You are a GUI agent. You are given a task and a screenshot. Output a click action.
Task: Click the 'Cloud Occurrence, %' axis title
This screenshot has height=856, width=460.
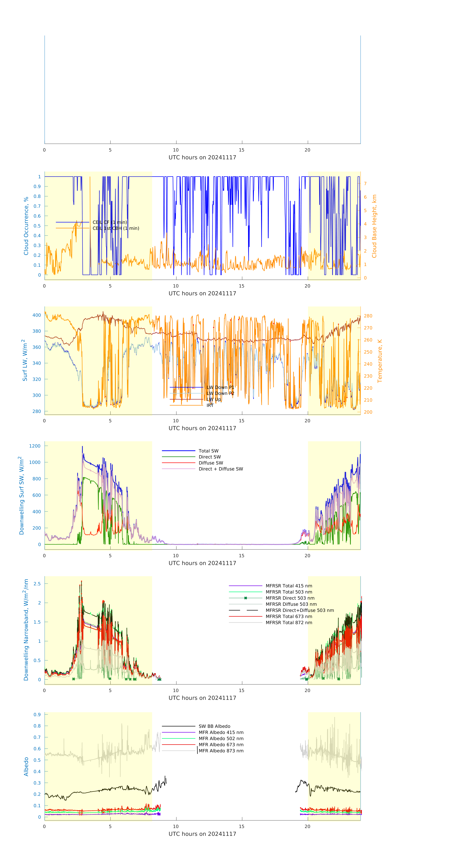coord(26,226)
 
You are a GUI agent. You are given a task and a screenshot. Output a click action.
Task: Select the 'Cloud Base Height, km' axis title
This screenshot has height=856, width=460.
coord(374,226)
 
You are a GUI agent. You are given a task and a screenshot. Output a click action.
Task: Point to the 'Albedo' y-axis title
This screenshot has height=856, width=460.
coord(26,767)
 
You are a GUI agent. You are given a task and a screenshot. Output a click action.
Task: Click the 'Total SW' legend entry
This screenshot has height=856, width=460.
coord(208,451)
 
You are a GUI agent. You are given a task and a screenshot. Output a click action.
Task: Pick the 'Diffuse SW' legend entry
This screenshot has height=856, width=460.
coord(211,463)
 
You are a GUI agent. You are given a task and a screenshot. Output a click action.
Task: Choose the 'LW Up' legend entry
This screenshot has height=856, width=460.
coord(214,399)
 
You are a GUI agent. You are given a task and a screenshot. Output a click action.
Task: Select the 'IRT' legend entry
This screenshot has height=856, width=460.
coord(210,405)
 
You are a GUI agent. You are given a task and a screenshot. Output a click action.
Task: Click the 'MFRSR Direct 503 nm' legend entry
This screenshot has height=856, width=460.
coord(290,598)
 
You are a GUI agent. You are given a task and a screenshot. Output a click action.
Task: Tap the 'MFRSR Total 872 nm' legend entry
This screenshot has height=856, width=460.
coord(289,623)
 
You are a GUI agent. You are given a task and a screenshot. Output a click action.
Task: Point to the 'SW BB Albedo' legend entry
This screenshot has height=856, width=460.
coord(214,726)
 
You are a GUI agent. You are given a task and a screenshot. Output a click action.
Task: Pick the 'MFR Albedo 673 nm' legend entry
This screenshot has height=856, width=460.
coord(221,745)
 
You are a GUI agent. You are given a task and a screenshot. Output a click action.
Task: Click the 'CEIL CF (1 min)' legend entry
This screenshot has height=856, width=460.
coord(109,222)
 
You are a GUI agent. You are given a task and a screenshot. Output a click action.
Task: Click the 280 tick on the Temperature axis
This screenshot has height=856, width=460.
coord(368,316)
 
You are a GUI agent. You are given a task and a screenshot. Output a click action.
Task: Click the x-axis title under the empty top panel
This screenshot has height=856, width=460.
coord(202,158)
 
